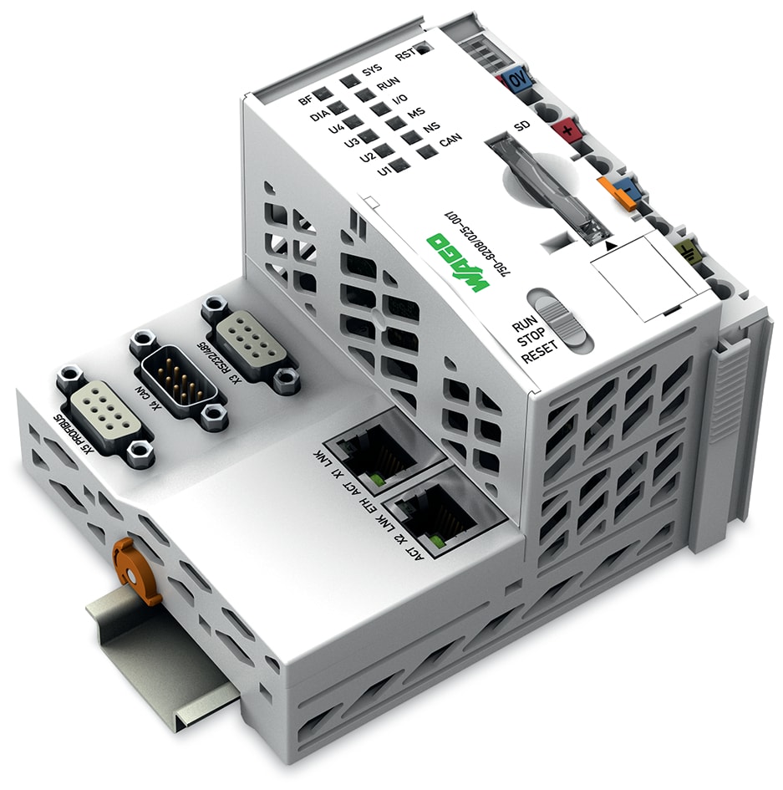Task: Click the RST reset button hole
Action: [425, 48]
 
